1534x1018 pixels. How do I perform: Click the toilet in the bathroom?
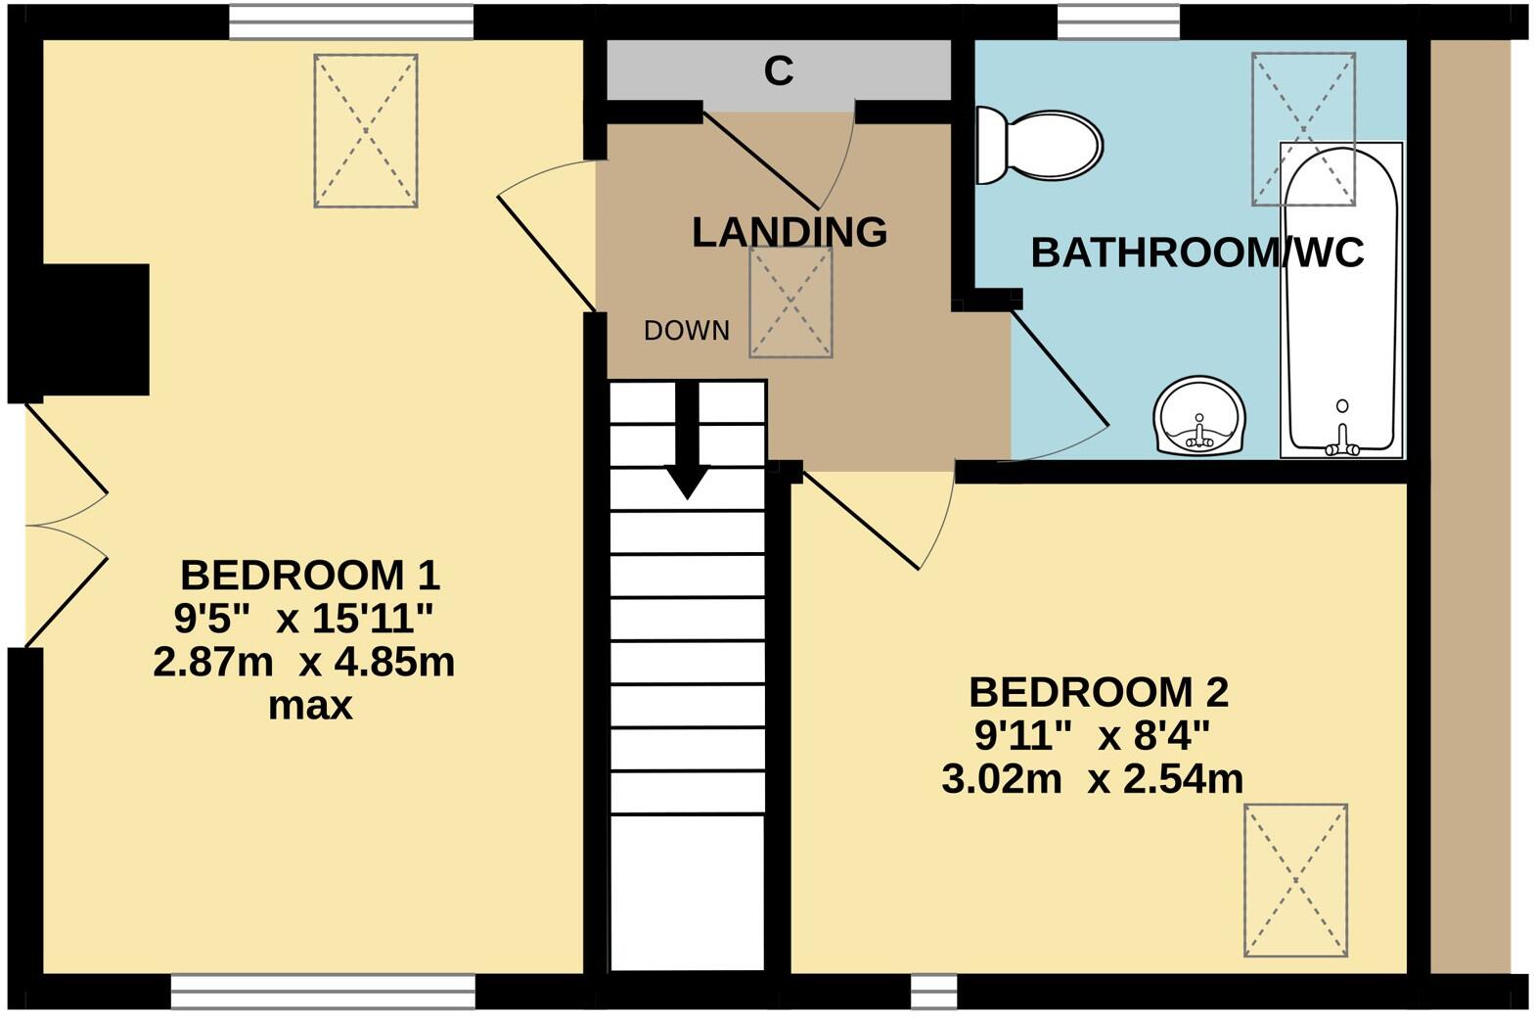click(1041, 145)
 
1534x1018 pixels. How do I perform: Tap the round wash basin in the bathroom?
click(1199, 417)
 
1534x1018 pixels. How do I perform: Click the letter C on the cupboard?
click(779, 70)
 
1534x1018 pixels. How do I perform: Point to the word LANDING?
click(790, 232)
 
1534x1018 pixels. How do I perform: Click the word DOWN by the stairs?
click(687, 331)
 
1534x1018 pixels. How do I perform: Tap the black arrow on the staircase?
click(688, 440)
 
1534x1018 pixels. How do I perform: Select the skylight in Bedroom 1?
click(366, 130)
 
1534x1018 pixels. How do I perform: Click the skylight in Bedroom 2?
click(1295, 880)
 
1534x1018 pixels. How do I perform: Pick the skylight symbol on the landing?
click(790, 302)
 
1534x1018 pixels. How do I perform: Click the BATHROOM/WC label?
click(1197, 253)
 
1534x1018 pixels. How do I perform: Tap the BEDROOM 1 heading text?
click(310, 575)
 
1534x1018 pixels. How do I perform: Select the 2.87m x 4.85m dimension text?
click(304, 663)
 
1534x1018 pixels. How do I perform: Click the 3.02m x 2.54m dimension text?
click(1093, 779)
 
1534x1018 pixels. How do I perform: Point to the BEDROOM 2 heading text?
click(1098, 693)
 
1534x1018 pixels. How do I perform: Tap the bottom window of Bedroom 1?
click(323, 991)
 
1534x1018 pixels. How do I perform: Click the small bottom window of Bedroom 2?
click(933, 991)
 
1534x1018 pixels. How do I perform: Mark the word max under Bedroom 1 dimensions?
click(310, 705)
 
